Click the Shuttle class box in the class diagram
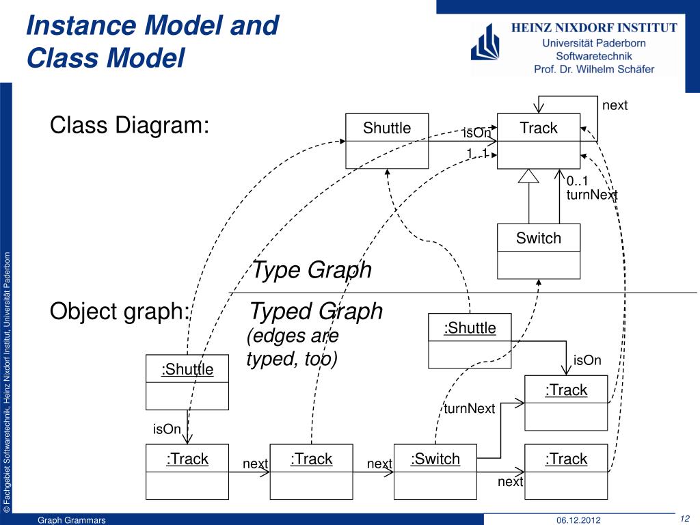click(387, 141)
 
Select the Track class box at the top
click(538, 141)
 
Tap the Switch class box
click(538, 251)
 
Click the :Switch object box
click(435, 472)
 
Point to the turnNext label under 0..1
click(592, 196)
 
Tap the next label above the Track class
click(615, 105)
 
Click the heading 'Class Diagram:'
click(129, 126)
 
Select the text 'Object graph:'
click(120, 312)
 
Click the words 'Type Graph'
click(312, 270)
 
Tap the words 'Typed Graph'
click(316, 312)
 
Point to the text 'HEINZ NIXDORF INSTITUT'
click(594, 28)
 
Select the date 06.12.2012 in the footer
click(578, 520)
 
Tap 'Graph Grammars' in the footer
click(72, 520)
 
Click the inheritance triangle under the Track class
click(529, 176)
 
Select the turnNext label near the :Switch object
click(469, 409)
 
